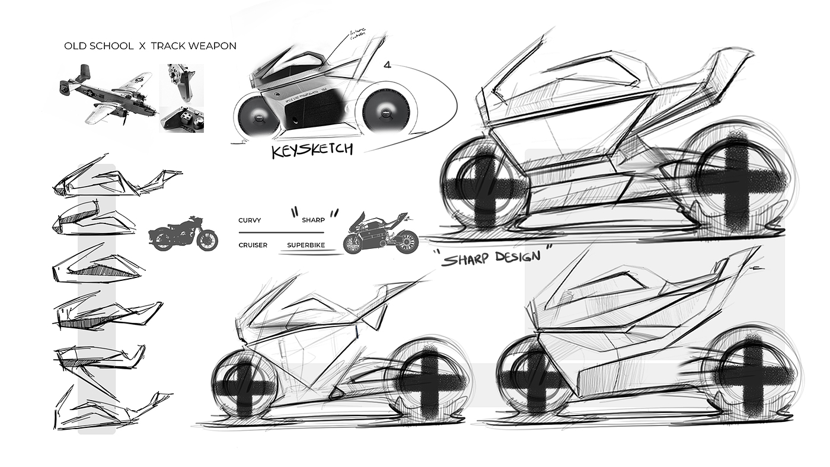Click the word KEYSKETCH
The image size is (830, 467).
(x=312, y=149)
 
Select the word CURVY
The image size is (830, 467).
(x=250, y=220)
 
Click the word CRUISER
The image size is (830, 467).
(x=253, y=245)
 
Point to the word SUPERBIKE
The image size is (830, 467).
(x=306, y=245)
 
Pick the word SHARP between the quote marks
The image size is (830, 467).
(x=313, y=220)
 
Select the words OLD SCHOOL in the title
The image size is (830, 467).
(x=98, y=46)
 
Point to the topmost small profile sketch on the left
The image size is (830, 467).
(x=116, y=177)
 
